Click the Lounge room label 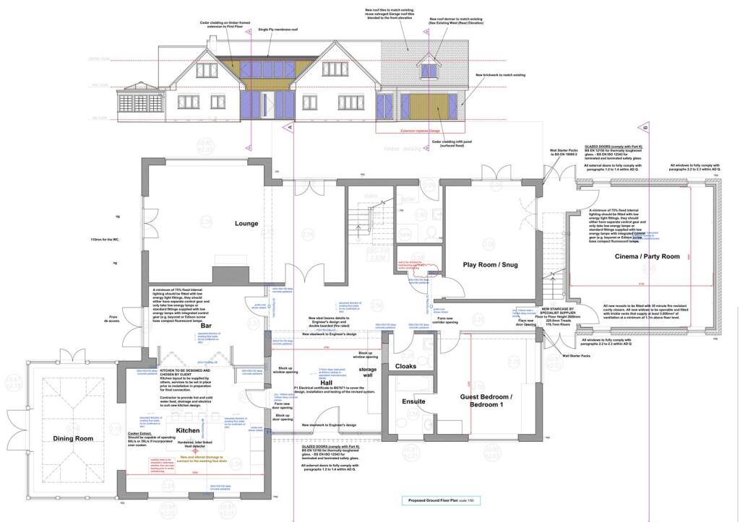[246, 223]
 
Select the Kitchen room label [187, 430]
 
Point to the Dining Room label [73, 439]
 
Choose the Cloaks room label [405, 366]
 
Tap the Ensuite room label [413, 401]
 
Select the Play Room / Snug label [491, 264]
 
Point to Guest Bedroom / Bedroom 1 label [486, 402]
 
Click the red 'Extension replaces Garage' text [420, 131]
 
